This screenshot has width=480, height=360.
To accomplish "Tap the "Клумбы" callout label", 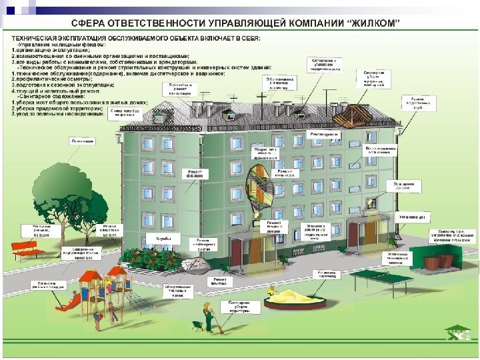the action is tap(163, 238).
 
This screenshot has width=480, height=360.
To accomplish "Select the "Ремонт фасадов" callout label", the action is tap(195, 174).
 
